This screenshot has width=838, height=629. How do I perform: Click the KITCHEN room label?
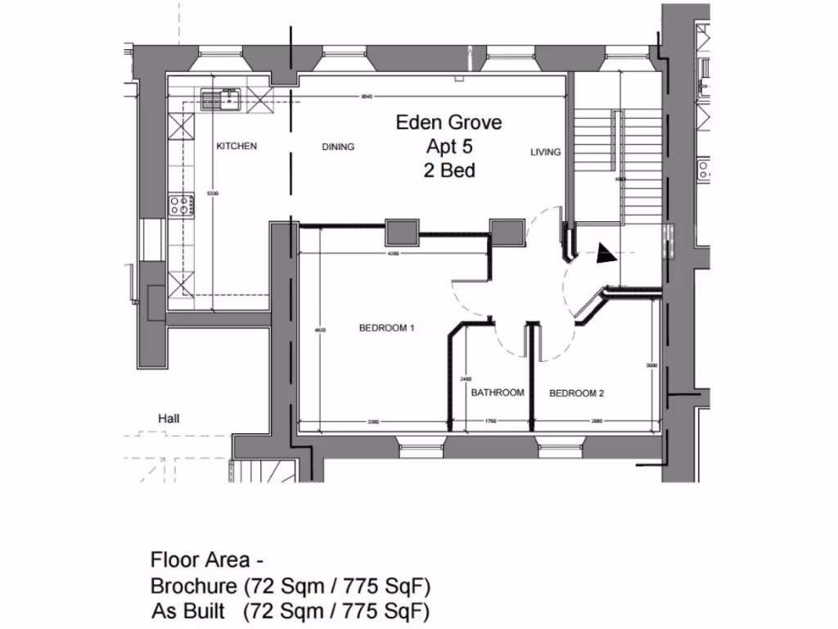[x=237, y=147]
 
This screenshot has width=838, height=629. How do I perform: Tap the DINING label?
[x=338, y=147]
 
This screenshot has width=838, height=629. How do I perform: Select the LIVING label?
[x=545, y=152]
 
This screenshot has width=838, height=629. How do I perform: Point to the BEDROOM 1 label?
[x=387, y=328]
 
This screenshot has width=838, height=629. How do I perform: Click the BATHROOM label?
[x=498, y=393]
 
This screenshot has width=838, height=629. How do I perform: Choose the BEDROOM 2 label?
[x=576, y=393]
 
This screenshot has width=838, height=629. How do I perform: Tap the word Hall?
[x=169, y=419]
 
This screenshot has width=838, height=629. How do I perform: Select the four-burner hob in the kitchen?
[x=180, y=204]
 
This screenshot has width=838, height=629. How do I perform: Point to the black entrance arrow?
[x=606, y=255]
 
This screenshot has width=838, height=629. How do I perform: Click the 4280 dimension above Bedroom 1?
[x=393, y=253]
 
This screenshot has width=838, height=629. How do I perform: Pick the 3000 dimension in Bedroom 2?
[x=651, y=366]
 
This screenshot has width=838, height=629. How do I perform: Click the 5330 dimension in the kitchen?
[x=212, y=193]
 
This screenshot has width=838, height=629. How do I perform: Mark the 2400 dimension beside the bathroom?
[x=466, y=379]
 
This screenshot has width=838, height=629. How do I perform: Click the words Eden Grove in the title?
[x=448, y=123]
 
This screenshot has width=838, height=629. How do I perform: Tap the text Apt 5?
[x=450, y=147]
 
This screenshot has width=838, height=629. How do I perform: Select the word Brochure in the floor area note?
[x=194, y=586]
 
